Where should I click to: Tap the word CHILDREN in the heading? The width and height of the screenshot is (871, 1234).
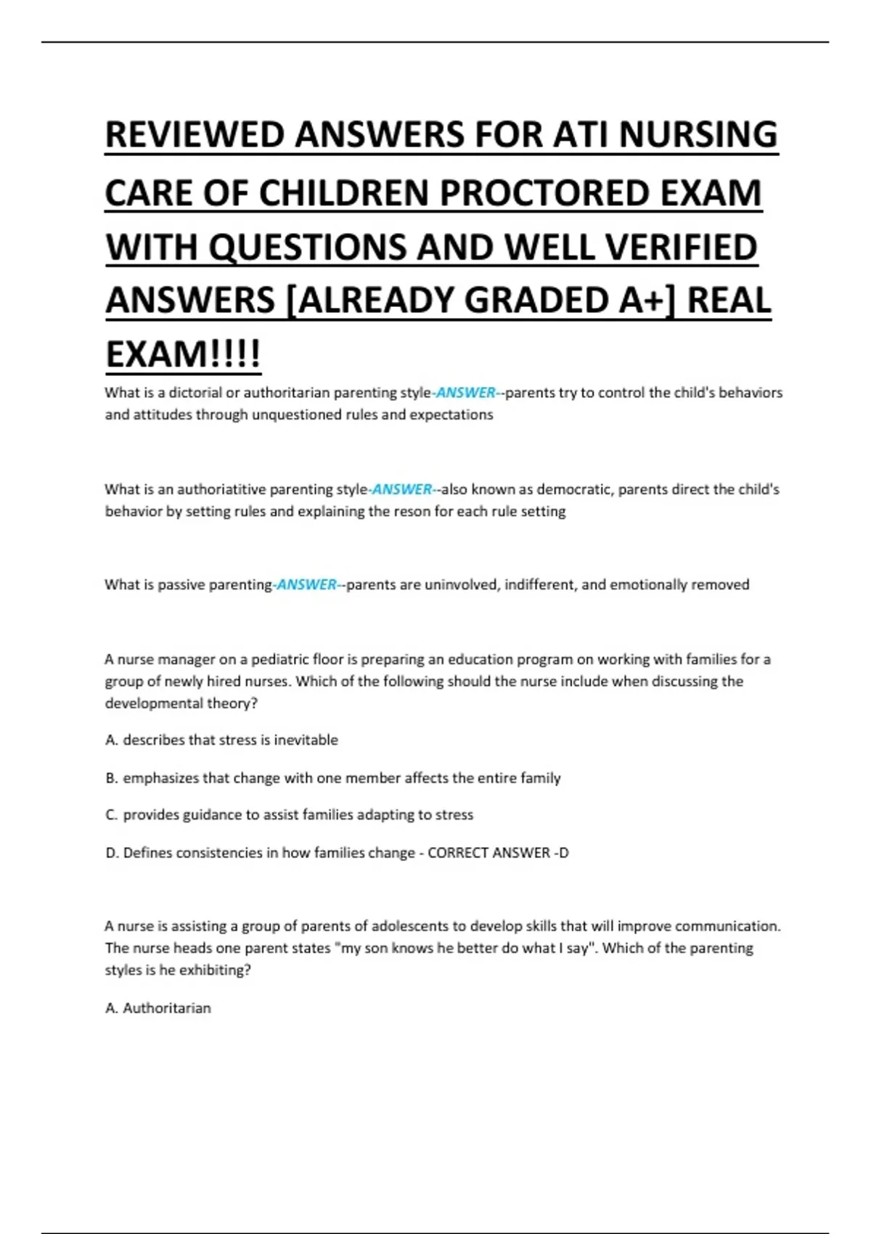point(341,193)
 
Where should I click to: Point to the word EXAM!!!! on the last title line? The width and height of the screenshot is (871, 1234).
point(183,354)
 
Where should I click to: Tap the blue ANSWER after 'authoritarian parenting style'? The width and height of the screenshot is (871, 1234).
point(465,393)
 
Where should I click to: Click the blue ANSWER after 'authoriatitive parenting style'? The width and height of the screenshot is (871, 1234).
point(401,489)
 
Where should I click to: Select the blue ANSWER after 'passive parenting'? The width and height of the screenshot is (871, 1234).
point(306,584)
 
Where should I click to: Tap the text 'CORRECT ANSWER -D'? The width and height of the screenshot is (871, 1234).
point(498,853)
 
